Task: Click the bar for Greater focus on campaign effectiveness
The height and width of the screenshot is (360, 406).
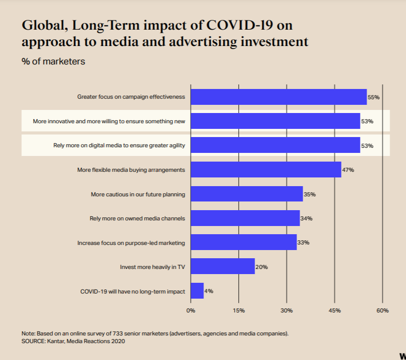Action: click(x=279, y=97)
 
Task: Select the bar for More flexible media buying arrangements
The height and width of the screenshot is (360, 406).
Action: click(x=266, y=170)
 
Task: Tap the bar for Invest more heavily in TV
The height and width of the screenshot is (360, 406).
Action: click(x=222, y=266)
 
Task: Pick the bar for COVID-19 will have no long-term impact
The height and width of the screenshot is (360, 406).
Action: click(x=197, y=291)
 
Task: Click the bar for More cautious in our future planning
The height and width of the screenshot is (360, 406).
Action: click(x=246, y=194)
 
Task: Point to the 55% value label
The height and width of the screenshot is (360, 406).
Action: click(x=374, y=97)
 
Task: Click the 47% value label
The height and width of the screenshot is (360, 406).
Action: click(x=348, y=170)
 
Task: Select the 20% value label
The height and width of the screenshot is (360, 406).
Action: click(x=261, y=267)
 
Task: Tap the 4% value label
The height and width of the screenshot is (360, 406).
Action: click(x=209, y=291)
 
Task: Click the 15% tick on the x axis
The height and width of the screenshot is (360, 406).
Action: click(x=239, y=310)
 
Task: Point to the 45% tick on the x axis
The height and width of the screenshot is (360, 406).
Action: click(x=334, y=310)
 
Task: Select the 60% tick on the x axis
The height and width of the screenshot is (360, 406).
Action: click(x=382, y=310)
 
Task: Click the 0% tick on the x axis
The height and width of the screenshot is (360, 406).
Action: click(x=191, y=310)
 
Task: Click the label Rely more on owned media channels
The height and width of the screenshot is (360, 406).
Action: click(x=137, y=218)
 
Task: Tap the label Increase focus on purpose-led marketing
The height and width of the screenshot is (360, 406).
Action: click(x=131, y=242)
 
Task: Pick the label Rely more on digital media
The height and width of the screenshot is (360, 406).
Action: click(x=119, y=146)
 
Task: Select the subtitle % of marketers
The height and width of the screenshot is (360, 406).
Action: click(x=53, y=62)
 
